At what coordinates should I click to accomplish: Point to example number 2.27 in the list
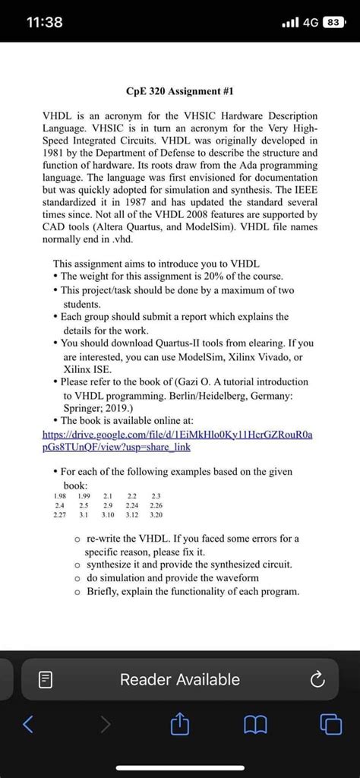click(57, 514)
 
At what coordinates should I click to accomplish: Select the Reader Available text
click(180, 680)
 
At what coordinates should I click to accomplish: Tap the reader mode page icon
click(44, 680)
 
